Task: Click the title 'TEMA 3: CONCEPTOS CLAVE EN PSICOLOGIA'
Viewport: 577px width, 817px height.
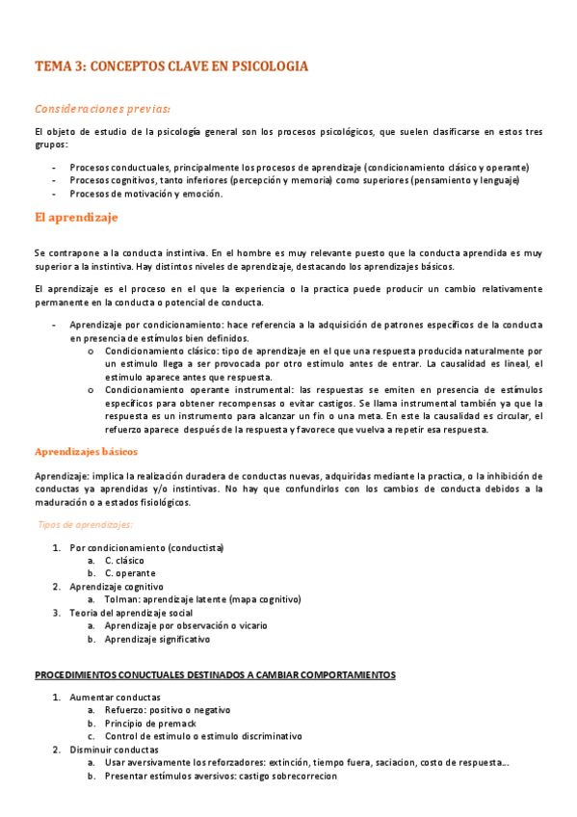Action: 171,66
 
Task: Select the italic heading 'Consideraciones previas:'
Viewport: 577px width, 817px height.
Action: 103,108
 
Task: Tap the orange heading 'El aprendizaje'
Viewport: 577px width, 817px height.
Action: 76,218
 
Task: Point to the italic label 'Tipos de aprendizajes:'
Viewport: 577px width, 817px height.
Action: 85,524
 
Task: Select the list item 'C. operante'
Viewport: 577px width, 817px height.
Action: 130,573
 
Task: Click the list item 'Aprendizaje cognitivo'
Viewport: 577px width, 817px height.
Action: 117,586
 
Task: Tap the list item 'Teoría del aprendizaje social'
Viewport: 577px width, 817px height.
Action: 131,612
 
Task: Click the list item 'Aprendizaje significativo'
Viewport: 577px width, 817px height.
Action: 157,638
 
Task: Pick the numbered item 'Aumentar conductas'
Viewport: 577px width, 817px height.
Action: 115,697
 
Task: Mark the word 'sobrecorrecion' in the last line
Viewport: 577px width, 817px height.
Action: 305,775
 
